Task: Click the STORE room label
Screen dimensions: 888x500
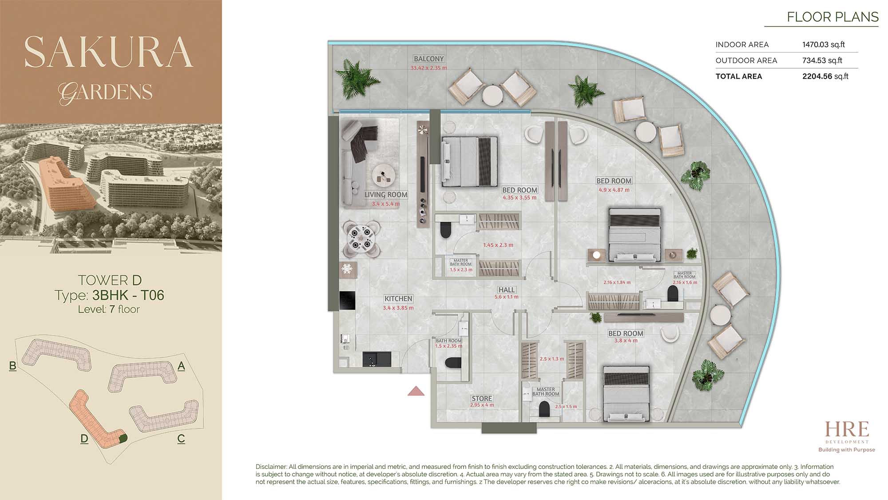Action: (482, 399)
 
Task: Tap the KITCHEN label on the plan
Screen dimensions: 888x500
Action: (398, 299)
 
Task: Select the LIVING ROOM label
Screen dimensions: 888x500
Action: (386, 195)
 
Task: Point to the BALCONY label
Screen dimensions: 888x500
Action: (428, 59)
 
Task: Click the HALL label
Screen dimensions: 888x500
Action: (507, 290)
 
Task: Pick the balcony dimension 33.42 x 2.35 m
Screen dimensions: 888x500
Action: (428, 68)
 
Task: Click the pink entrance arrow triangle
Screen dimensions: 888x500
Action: (416, 391)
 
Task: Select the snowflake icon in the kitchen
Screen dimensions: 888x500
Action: (347, 269)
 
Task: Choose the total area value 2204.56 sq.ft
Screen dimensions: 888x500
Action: (825, 76)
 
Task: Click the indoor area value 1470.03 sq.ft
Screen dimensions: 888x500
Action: (823, 44)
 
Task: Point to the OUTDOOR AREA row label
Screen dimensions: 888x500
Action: (746, 60)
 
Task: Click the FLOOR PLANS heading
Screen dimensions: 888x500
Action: (832, 17)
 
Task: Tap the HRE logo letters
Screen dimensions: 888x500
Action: (847, 429)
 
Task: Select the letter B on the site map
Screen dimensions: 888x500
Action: (12, 366)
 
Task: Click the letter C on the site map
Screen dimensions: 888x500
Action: (181, 439)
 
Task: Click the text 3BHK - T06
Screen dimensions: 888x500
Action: (128, 295)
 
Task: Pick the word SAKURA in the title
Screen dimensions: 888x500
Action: (109, 52)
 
